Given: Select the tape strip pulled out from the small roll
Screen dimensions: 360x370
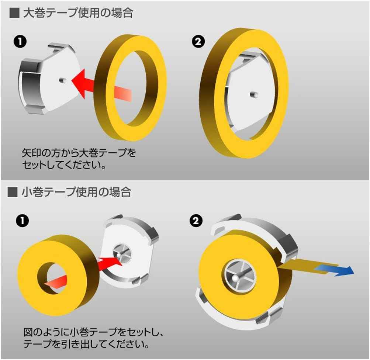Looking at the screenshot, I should (x=299, y=266).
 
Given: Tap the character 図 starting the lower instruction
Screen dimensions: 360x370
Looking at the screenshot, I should (x=28, y=333).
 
